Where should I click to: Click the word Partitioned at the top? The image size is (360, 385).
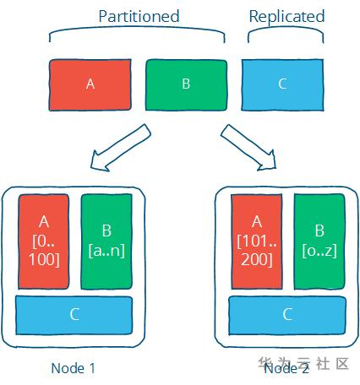click(x=138, y=16)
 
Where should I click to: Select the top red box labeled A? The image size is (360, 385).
click(x=90, y=84)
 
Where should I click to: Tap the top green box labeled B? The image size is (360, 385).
click(x=186, y=84)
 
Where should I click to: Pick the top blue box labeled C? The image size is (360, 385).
click(x=282, y=84)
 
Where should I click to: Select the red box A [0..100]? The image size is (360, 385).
click(x=44, y=241)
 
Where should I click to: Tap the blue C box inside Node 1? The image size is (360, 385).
click(x=74, y=315)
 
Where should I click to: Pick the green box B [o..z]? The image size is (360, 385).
click(x=319, y=241)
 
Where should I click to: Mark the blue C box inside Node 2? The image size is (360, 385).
click(x=287, y=315)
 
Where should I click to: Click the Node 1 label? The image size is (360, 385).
click(x=73, y=367)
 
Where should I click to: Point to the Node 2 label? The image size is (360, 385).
click(x=286, y=367)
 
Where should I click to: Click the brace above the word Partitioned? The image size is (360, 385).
click(x=138, y=33)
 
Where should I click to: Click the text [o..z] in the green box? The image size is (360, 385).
click(x=319, y=251)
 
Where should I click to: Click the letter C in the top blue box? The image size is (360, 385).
click(x=282, y=84)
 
